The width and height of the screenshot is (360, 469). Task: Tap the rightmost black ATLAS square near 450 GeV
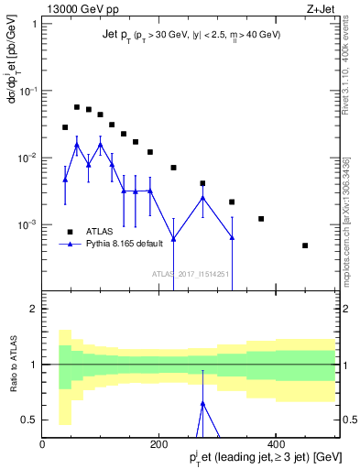click(305, 245)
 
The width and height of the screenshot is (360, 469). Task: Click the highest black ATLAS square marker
click(77, 107)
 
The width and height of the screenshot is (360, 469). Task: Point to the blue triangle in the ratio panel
click(203, 403)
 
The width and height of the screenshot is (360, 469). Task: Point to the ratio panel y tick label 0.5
click(28, 420)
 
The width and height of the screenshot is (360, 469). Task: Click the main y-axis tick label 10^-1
click(27, 92)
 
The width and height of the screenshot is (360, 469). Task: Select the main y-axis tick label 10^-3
click(27, 225)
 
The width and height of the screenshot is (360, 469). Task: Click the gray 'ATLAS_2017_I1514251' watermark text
click(191, 273)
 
